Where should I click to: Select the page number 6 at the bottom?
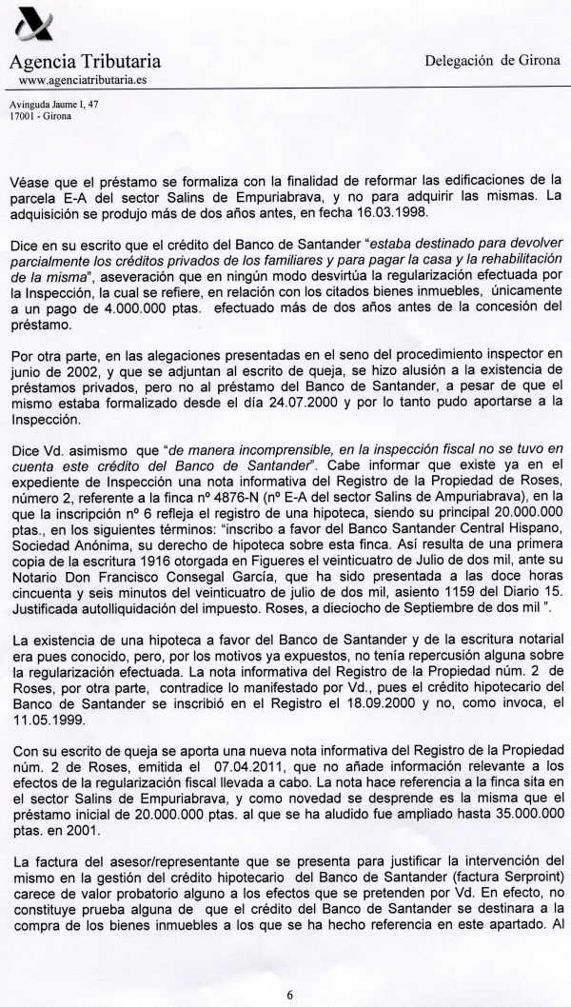pyautogui.click(x=288, y=995)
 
